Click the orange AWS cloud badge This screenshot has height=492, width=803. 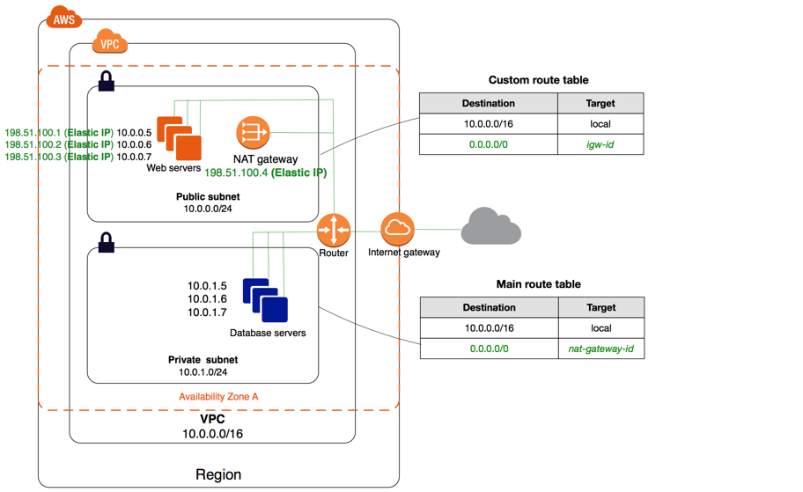63,18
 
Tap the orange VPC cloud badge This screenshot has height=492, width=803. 110,41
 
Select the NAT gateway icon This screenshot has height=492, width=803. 253,133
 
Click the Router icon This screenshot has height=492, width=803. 334,231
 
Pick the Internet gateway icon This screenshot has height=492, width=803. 398,230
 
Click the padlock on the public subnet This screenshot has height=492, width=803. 107,82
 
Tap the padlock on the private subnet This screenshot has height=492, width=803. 107,242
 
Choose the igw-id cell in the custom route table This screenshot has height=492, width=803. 600,143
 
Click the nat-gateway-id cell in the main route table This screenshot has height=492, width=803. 600,349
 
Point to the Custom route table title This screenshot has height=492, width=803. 538,80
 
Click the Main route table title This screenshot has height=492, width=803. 538,284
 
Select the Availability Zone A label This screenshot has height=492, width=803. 218,396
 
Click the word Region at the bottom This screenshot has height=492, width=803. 218,474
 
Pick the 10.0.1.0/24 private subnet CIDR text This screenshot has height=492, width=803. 203,372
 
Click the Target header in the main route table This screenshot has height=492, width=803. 600,307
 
